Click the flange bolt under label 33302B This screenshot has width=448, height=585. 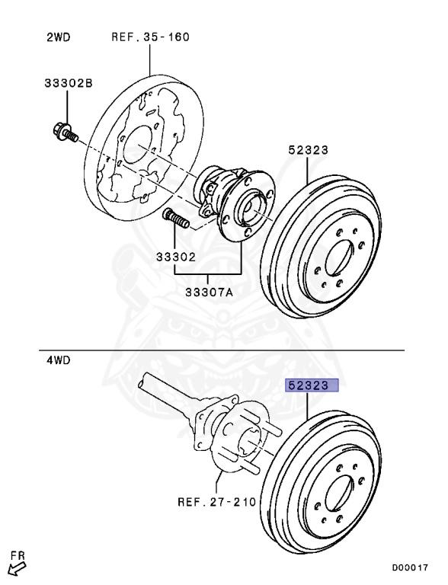64,133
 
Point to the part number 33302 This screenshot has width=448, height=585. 176,258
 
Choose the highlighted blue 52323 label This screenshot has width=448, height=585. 309,385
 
